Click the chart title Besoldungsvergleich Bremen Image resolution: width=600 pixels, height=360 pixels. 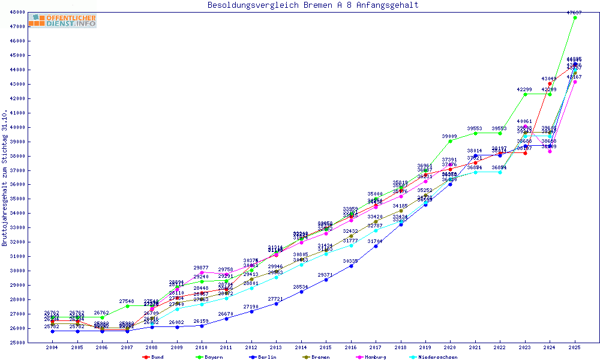click(313, 5)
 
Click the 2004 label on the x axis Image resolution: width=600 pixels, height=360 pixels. click(52, 347)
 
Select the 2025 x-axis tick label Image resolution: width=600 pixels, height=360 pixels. click(575, 347)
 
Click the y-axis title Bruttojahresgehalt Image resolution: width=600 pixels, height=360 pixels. click(5, 178)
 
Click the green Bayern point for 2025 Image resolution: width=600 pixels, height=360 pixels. click(575, 17)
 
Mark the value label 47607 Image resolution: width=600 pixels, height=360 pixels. click(575, 12)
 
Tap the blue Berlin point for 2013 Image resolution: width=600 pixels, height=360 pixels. click(276, 304)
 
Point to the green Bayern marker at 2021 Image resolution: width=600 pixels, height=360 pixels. click(475, 133)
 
